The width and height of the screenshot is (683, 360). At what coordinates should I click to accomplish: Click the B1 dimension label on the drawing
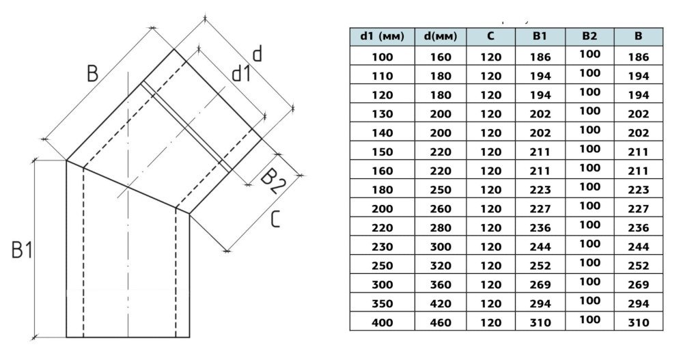point(22,251)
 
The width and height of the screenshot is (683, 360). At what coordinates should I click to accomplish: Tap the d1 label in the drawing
point(240,72)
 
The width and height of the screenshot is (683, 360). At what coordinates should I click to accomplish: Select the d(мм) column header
point(440,36)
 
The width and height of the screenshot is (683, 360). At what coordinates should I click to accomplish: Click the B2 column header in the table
point(589,36)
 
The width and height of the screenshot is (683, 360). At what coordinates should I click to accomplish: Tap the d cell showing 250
point(440,189)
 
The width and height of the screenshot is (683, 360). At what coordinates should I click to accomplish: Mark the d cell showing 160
point(440,57)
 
